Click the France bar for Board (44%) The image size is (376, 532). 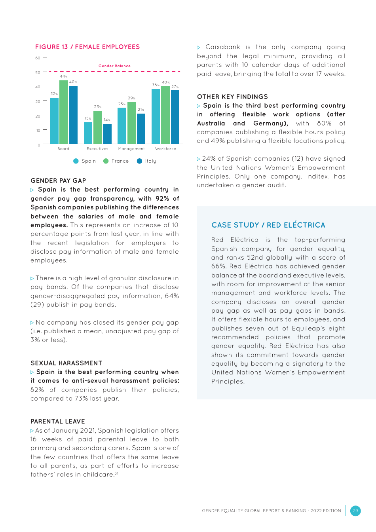(x=63, y=112)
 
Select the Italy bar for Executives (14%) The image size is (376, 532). (x=107, y=134)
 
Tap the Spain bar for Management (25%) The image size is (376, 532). (x=122, y=125)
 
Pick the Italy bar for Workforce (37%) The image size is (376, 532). (x=175, y=117)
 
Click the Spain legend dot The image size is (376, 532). (x=76, y=161)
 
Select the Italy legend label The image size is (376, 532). (x=150, y=161)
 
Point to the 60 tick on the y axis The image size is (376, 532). (x=38, y=58)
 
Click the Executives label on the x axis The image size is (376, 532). (x=97, y=149)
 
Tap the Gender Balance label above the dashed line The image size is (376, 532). (x=114, y=66)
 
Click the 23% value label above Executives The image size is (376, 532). (x=97, y=107)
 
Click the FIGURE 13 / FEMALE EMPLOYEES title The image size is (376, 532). (x=87, y=47)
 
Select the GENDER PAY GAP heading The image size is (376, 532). (x=58, y=180)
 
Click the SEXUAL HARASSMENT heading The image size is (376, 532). (x=66, y=363)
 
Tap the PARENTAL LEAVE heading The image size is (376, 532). (x=58, y=421)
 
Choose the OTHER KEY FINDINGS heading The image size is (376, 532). (x=232, y=97)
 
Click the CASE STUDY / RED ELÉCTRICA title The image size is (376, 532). (x=268, y=225)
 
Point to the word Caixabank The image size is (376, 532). (x=223, y=47)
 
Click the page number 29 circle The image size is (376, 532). (x=355, y=511)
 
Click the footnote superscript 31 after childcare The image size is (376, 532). (x=116, y=473)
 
